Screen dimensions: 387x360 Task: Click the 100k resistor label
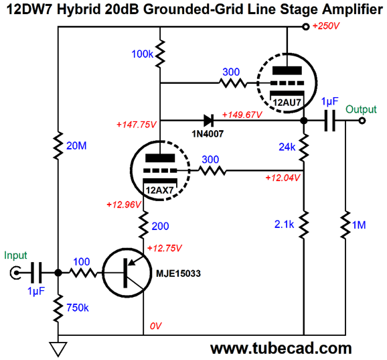pyautogui.click(x=142, y=54)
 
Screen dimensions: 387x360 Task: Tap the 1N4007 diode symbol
pyautogui.click(x=208, y=121)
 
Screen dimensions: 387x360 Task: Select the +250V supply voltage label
pyautogui.click(x=326, y=26)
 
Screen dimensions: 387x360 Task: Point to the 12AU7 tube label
pyautogui.click(x=287, y=103)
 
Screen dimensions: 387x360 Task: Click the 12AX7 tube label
pyautogui.click(x=159, y=190)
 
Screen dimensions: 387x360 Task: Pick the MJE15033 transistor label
pyautogui.click(x=178, y=274)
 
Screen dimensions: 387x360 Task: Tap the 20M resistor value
pyautogui.click(x=76, y=145)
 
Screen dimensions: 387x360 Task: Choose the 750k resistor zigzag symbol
pyautogui.click(x=58, y=308)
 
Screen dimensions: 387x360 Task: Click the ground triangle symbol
pyautogui.click(x=58, y=349)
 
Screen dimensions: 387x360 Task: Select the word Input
pyautogui.click(x=15, y=255)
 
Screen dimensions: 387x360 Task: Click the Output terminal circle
pyautogui.click(x=362, y=121)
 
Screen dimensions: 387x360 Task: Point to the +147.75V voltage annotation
pyautogui.click(x=136, y=125)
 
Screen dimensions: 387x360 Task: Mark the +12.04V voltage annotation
pyautogui.click(x=283, y=178)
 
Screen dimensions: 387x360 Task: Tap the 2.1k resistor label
pyautogui.click(x=284, y=225)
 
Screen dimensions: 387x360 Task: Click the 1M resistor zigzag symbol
pyautogui.click(x=345, y=225)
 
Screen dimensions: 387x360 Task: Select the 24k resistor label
pyautogui.click(x=287, y=147)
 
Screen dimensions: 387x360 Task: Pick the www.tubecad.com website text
pyautogui.click(x=281, y=349)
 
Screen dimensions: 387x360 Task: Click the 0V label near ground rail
pyautogui.click(x=155, y=326)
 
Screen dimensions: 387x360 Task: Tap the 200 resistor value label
pyautogui.click(x=160, y=226)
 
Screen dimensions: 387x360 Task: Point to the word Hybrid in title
pyautogui.click(x=79, y=9)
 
